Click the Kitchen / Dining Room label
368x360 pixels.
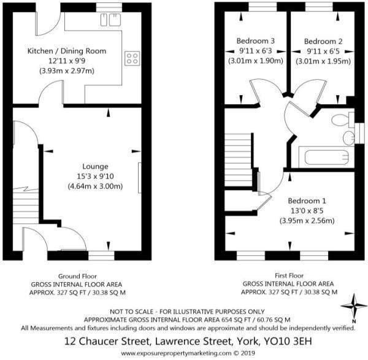[67, 51]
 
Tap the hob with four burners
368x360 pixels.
[132, 58]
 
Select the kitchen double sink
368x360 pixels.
[110, 20]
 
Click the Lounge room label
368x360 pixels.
[95, 166]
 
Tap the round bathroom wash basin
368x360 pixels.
[348, 138]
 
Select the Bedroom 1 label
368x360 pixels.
[307, 201]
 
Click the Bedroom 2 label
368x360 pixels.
[323, 42]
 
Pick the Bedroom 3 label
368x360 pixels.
[256, 41]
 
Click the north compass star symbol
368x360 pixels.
[354, 306]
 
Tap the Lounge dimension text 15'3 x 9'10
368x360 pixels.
[95, 176]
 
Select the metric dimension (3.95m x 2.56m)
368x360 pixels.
[307, 221]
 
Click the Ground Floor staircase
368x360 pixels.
[26, 205]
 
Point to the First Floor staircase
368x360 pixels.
[239, 160]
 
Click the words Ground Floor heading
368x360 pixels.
[77, 276]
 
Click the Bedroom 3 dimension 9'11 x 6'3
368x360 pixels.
[256, 51]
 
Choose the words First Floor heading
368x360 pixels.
[289, 275]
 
